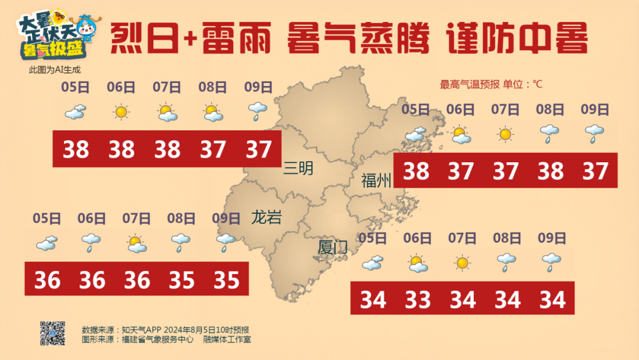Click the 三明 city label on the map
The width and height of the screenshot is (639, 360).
click(299, 169)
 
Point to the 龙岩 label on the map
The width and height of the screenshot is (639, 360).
click(266, 217)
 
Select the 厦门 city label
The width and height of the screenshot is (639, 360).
click(333, 247)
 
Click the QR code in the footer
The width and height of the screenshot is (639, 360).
click(52, 333)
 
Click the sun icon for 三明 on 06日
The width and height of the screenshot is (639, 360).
click(121, 111)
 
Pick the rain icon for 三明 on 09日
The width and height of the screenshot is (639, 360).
click(258, 111)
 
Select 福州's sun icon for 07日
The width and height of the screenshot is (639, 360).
click(505, 134)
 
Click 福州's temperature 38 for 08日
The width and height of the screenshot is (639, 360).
click(550, 171)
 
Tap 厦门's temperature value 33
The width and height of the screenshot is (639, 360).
click(418, 300)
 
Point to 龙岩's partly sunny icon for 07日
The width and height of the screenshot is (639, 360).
click(136, 243)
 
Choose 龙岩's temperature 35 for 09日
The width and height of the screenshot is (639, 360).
click(227, 280)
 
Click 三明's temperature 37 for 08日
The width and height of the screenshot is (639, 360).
click(212, 149)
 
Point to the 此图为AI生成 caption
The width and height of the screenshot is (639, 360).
click(54, 70)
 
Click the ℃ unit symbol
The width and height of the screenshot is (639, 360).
click(537, 85)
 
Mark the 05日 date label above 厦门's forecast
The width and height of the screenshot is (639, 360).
click(373, 239)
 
